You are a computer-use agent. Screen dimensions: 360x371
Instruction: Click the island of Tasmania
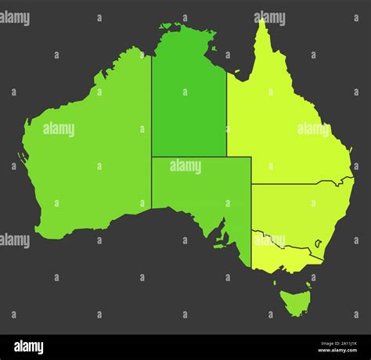pos(296,302)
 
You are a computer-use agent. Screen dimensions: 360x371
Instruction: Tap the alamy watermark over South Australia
pos(185,167)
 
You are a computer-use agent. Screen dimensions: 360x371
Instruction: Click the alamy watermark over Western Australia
pos(59,129)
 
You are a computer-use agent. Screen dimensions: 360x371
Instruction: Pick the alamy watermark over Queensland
pos(313,129)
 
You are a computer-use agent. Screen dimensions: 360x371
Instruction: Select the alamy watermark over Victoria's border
pos(268,240)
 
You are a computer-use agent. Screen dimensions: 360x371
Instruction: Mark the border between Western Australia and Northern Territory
pos(151,117)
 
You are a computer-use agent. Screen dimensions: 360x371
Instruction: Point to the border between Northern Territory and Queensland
pos(227,117)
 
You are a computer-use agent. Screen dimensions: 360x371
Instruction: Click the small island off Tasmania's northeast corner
pos(308,286)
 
